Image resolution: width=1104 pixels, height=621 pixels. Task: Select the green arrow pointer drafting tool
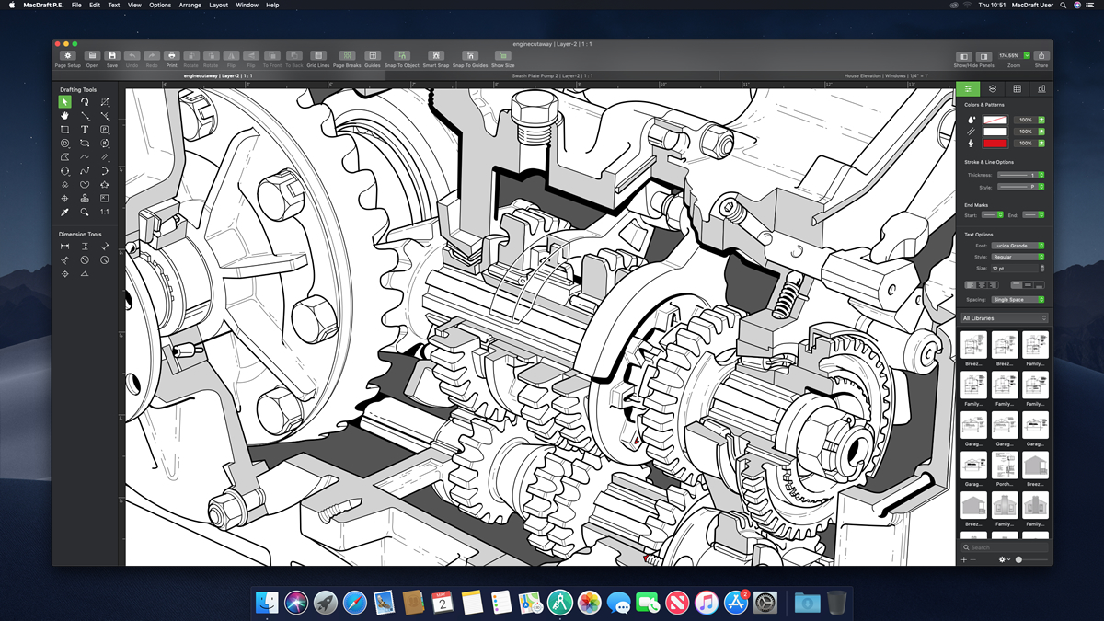tap(64, 102)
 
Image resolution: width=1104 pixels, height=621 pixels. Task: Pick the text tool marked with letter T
tap(85, 130)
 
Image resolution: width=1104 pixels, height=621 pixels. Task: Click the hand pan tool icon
tap(64, 116)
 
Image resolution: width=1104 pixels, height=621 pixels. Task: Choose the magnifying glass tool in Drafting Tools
tap(85, 213)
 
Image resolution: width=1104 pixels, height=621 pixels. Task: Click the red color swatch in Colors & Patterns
tap(995, 144)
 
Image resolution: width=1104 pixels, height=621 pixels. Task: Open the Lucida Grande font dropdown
tap(1018, 246)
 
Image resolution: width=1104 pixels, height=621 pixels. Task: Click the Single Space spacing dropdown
tap(1018, 300)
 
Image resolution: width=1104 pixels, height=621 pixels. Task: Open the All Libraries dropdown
tap(1004, 318)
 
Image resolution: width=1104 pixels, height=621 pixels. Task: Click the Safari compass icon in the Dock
tap(354, 603)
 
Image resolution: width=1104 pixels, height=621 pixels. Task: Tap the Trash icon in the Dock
tap(836, 603)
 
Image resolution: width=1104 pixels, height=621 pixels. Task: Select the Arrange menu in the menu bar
tap(190, 5)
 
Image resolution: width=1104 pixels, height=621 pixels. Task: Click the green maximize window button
tap(75, 44)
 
